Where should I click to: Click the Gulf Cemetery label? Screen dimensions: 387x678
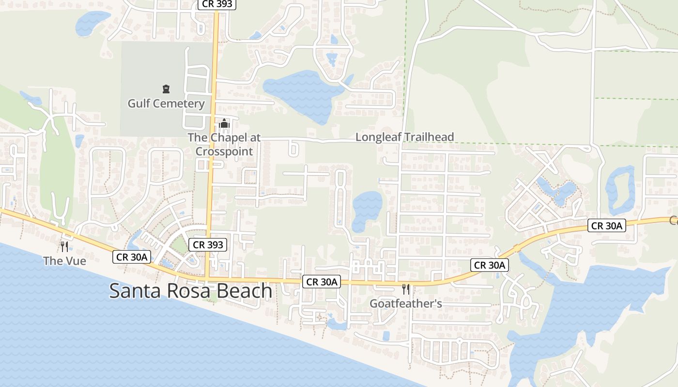coord(166,104)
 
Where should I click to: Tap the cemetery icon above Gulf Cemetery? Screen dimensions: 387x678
coord(166,89)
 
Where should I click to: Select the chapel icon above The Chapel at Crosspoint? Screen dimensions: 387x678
coord(224,124)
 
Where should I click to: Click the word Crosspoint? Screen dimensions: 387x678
coord(224,151)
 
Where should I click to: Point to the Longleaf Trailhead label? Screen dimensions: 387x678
coord(404,137)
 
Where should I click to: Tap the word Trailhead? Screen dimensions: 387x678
coord(429,137)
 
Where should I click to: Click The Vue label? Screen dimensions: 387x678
coord(64,261)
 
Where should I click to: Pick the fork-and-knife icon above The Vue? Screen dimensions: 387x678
coord(64,247)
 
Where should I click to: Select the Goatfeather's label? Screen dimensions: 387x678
coord(406,304)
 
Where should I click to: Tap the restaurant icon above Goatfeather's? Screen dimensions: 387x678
coord(406,289)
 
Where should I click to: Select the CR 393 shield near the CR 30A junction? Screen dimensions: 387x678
coord(208,245)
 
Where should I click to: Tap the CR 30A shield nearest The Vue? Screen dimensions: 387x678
coord(132,257)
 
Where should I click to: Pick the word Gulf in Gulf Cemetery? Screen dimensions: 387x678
coord(138,104)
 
